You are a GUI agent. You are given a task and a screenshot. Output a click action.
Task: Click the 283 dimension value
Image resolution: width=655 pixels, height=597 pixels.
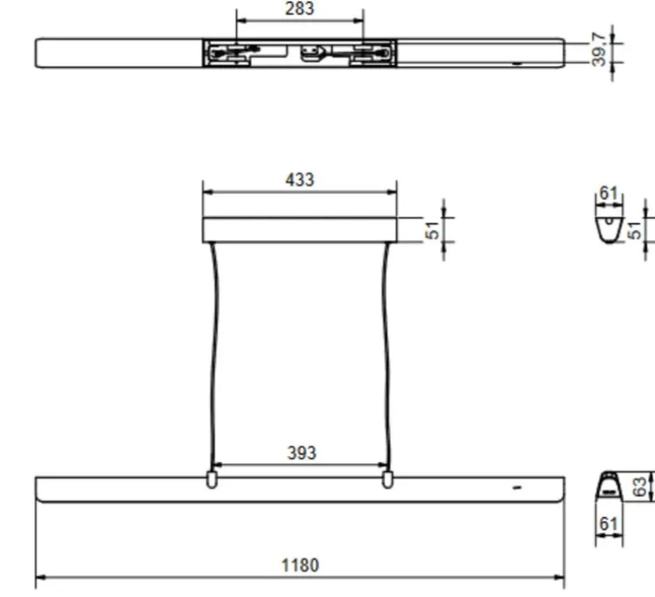[299, 10]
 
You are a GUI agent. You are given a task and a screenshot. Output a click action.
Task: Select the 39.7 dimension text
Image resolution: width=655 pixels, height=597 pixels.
[599, 50]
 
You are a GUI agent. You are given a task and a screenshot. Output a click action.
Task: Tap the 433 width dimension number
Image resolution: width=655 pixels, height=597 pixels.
[299, 180]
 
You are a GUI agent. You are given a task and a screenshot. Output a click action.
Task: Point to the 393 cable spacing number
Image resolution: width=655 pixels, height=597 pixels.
[301, 453]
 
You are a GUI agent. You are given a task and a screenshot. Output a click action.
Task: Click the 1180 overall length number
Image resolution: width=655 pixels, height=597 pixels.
[299, 565]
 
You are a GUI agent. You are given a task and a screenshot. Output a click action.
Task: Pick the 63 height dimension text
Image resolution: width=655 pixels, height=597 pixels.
[641, 486]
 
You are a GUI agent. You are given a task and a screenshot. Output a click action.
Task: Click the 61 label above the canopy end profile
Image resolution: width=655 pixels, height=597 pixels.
[608, 194]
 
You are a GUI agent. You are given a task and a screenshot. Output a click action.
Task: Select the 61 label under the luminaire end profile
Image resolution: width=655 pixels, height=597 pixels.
[608, 525]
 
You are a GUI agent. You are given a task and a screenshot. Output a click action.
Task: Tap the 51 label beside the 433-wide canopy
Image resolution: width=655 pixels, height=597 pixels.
[432, 230]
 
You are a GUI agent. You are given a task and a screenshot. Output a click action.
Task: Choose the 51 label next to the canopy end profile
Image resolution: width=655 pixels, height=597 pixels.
[636, 230]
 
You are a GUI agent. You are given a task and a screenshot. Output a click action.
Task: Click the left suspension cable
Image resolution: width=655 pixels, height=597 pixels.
[212, 352]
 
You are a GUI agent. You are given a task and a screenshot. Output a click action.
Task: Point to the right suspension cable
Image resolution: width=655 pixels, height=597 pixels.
[386, 352]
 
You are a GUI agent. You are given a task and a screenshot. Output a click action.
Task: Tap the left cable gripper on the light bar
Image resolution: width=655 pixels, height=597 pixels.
[211, 479]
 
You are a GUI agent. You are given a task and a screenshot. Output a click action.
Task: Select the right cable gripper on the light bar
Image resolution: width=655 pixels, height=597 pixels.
[387, 479]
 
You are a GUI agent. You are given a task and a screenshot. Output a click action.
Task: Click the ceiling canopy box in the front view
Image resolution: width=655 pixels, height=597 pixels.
[299, 230]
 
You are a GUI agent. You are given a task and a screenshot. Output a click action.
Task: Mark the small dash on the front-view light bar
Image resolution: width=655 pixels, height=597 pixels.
[517, 486]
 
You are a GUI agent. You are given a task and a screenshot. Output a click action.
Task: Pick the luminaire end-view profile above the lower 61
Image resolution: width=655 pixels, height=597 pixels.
[608, 486]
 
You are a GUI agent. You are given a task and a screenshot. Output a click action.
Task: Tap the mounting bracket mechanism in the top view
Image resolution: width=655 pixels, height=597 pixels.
[299, 54]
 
